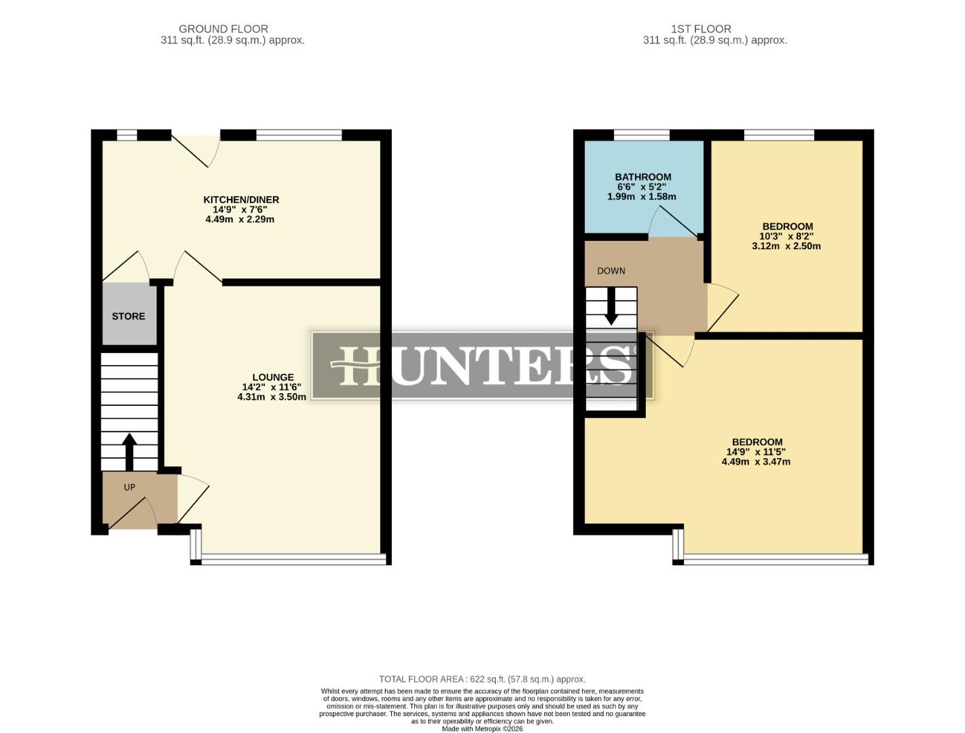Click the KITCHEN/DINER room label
click(241, 200)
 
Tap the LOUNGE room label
click(272, 377)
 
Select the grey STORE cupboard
click(128, 316)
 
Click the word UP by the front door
click(129, 487)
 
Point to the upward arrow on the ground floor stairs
click(128, 451)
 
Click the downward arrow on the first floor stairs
click(611, 305)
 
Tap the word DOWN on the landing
click(611, 271)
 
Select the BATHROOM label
click(642, 177)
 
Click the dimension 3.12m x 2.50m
click(786, 246)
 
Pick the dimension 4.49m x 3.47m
click(756, 462)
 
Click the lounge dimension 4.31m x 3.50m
click(272, 397)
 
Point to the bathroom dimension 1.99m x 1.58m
click(642, 197)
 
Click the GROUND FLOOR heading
click(223, 29)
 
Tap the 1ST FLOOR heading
click(701, 29)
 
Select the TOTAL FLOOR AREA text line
click(482, 679)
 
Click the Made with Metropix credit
click(482, 729)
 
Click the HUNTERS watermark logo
click(482, 365)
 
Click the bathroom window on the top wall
click(642, 135)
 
